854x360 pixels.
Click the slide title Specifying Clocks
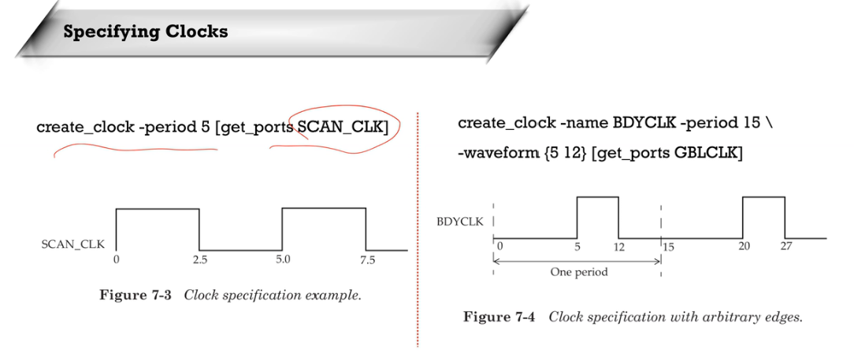[145, 32]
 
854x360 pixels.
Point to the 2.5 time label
[199, 259]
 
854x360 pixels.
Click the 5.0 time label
[283, 259]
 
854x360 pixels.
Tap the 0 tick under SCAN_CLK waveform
[116, 259]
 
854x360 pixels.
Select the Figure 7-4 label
[499, 317]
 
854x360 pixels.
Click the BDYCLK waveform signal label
[460, 221]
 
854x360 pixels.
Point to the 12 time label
[618, 247]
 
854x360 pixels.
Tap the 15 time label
[668, 247]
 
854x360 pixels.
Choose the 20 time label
[744, 247]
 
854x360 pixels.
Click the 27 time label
[785, 247]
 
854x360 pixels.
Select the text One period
[579, 273]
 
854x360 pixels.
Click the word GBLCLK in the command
[707, 154]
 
